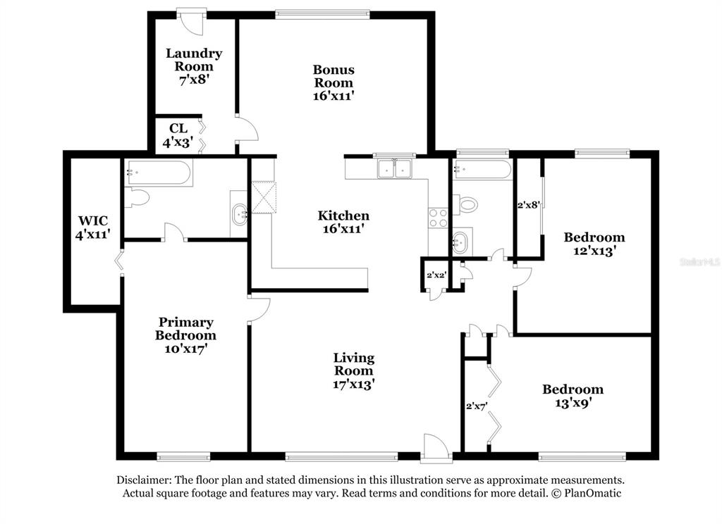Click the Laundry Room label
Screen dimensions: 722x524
[x=194, y=60]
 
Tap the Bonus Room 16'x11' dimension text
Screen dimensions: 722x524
[x=334, y=96]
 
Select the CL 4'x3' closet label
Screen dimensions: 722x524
[x=178, y=135]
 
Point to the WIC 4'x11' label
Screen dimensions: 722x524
[x=94, y=227]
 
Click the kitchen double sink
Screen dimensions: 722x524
[x=395, y=168]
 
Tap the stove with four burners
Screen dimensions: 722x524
[x=438, y=218]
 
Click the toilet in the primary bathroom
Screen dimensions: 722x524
[x=137, y=198]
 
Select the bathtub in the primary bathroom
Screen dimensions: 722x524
[x=159, y=173]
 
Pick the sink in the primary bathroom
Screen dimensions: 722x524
[x=240, y=214]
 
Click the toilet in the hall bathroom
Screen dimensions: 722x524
[x=465, y=204]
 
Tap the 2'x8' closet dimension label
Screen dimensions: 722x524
[x=528, y=205]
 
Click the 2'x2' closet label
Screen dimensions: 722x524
[x=436, y=275]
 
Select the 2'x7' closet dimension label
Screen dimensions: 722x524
[x=477, y=406]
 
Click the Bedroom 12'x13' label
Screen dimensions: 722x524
[x=594, y=244]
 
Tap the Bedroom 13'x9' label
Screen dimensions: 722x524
[x=573, y=396]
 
